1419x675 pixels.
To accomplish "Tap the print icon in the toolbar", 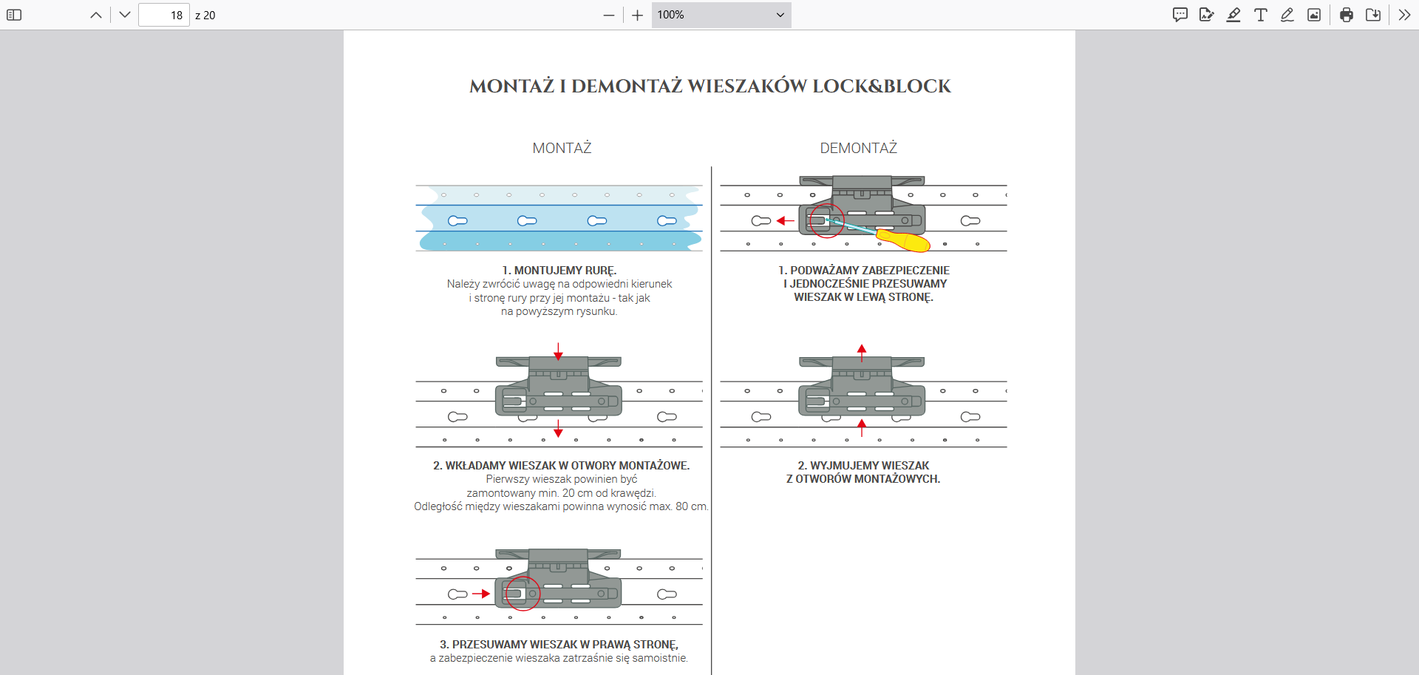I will (1346, 15).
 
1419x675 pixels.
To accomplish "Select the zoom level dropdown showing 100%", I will (721, 15).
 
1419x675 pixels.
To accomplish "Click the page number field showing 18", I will (164, 15).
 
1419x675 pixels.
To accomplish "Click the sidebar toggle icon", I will (14, 15).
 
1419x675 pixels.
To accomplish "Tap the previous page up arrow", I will (96, 15).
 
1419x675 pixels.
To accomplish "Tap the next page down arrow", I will (124, 15).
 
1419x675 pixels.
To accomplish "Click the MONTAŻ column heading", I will (562, 148).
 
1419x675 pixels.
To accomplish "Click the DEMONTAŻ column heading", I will (858, 148).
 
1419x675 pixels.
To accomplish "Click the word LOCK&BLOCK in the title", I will (881, 87).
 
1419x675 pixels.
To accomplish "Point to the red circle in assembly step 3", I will (523, 593).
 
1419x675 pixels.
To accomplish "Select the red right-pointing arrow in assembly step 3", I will (481, 594).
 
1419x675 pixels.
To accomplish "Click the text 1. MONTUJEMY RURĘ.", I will (559, 271).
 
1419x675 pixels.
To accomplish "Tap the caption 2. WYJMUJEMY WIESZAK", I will (863, 466).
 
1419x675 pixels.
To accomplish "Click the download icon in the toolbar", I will (1373, 15).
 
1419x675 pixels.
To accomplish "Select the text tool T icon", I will (1261, 15).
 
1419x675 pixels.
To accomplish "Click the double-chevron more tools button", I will (1404, 15).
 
